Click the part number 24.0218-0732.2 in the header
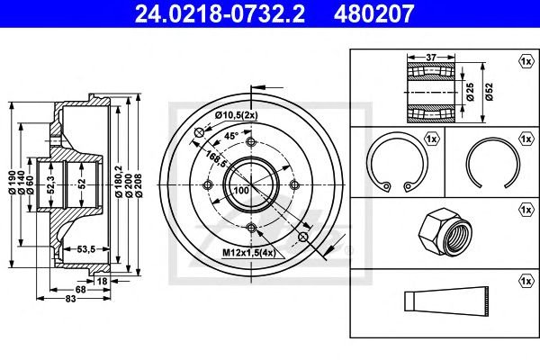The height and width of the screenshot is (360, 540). coord(220,13)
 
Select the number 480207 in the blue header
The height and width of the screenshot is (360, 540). coord(373,13)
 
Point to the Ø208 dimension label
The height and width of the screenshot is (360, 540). coord(139,185)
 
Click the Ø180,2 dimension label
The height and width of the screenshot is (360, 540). coord(119,181)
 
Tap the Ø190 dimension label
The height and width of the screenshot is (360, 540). coord(13,182)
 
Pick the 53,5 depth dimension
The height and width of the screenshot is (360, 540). coord(85,248)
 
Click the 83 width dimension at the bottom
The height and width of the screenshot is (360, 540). coord(70,299)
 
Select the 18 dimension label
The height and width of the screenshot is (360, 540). coord(102,282)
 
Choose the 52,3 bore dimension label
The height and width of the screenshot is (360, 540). coord(50,185)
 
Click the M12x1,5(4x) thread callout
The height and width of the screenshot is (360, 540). coord(249,253)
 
